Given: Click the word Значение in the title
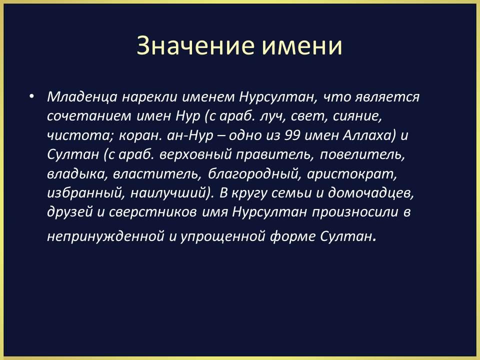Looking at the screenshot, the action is pos(195,46).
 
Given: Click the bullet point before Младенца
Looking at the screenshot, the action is pos(31,96).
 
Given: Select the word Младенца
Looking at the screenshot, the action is pos(82,97).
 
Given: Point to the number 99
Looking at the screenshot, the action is pos(292,135).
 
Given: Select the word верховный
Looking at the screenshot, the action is pos(195,155).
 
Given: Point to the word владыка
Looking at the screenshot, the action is pos(77,174).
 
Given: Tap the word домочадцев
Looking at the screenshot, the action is pos(370,193).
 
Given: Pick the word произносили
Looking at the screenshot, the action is pos(355,212).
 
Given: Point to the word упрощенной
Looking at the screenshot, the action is pos(222,236).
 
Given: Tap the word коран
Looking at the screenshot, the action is pos(140,135).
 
